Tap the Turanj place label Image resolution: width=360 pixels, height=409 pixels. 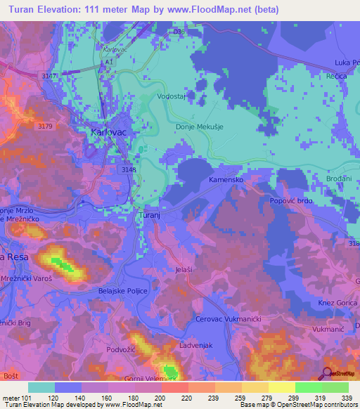151,215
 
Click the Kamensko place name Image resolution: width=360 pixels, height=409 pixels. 226,181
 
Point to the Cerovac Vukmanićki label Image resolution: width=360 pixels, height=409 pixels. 228,320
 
